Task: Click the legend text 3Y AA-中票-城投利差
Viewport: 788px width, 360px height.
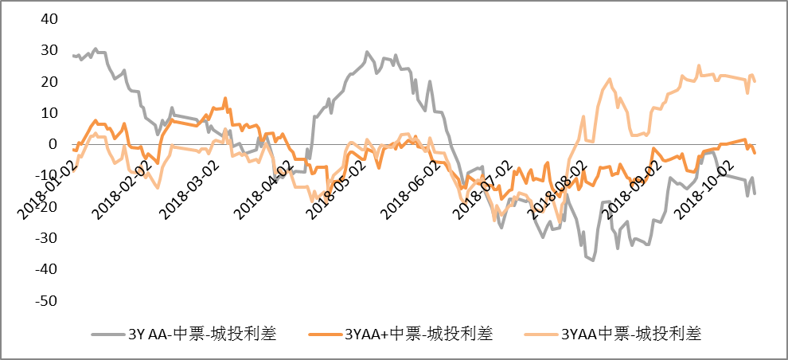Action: pyautogui.click(x=202, y=334)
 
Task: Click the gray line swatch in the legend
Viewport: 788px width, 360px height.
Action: pyautogui.click(x=107, y=335)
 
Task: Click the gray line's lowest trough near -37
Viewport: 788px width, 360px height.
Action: pyautogui.click(x=593, y=260)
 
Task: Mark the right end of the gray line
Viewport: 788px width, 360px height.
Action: pyautogui.click(x=755, y=194)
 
